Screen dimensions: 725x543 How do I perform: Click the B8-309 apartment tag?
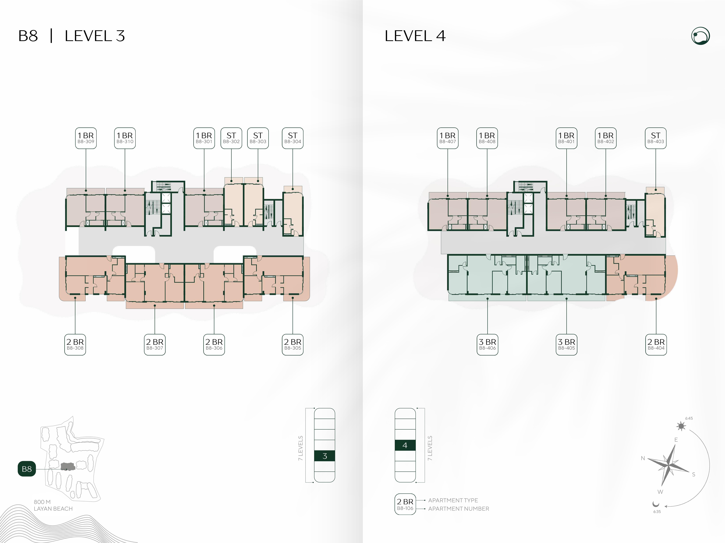point(86,138)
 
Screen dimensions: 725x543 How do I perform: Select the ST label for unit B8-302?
point(231,138)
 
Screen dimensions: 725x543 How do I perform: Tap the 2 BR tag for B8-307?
point(155,345)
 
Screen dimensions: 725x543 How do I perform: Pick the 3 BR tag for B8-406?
point(487,345)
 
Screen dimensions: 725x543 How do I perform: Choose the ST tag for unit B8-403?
point(655,138)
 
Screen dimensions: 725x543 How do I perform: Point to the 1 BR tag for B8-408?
point(487,138)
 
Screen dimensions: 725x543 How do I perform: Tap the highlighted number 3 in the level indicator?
point(325,456)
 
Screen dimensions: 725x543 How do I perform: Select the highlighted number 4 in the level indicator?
point(405,445)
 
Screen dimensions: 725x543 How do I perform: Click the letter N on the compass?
point(643,458)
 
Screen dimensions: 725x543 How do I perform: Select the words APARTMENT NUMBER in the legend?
point(459,509)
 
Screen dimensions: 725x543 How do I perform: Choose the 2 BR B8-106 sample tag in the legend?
point(405,504)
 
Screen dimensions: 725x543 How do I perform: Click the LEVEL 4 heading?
point(415,36)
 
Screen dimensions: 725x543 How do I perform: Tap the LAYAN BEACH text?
point(53,509)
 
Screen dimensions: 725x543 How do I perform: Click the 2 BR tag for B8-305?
point(293,345)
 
